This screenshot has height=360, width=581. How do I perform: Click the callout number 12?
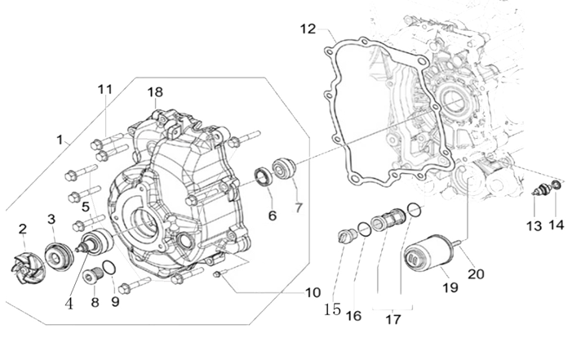point(307,30)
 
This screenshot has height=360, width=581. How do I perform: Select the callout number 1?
point(60,140)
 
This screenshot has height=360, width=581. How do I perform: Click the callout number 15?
point(331,309)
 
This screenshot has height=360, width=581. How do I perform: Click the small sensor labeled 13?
point(537,193)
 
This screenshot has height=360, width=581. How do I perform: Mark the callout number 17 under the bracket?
point(393,320)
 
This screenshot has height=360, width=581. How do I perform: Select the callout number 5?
point(85,206)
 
